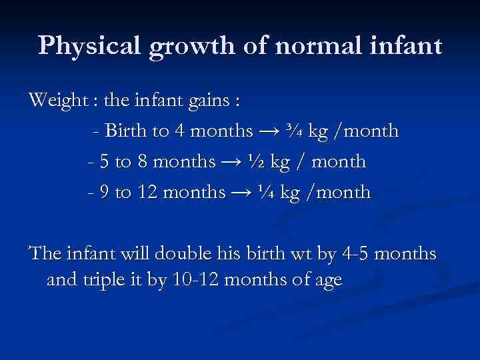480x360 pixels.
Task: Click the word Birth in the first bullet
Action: click(129, 131)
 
